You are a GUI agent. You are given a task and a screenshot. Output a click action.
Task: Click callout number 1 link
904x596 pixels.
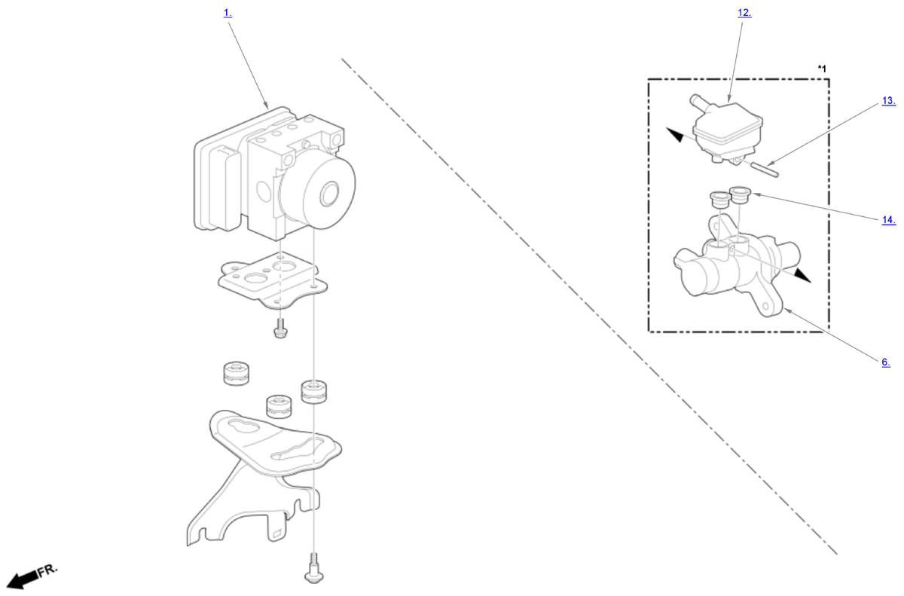tap(228, 14)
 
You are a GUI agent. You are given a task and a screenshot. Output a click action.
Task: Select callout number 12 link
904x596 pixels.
tap(744, 13)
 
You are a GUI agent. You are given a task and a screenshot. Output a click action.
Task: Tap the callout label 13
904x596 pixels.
tap(889, 100)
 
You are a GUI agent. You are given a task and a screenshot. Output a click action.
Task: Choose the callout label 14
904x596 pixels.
tap(889, 220)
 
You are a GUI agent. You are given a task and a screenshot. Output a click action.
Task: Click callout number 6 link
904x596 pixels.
tap(886, 362)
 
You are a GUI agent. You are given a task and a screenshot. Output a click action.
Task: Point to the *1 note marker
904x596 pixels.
tap(822, 69)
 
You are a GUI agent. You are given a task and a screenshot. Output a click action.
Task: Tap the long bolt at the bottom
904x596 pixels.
tap(313, 568)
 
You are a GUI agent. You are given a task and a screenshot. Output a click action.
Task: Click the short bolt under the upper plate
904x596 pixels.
tap(279, 328)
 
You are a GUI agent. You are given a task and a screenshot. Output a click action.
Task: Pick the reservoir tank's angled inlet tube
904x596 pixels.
tap(700, 103)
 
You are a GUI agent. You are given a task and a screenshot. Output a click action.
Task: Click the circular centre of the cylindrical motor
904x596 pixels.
tap(330, 194)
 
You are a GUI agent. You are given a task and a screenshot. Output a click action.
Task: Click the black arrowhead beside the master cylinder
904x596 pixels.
tap(802, 276)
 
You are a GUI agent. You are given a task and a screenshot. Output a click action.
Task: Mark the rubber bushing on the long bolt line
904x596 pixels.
tap(313, 391)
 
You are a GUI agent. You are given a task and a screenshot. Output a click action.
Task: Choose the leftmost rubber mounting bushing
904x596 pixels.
tap(236, 373)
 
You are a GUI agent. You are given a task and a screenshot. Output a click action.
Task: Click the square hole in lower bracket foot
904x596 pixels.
tap(278, 534)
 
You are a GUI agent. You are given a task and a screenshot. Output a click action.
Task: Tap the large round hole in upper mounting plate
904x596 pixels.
tap(255, 278)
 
